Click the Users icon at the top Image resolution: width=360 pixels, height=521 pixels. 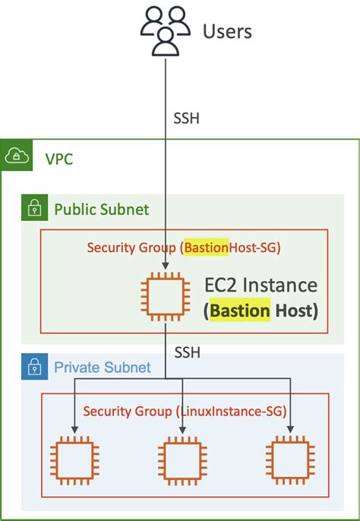pos(166,31)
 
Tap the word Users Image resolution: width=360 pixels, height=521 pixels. pos(227,31)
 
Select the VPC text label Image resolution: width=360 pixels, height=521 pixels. pos(58,161)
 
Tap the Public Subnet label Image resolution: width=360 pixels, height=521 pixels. pos(101,209)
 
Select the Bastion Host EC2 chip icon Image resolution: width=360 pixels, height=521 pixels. pos(166,296)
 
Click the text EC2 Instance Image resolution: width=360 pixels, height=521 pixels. pos(261,286)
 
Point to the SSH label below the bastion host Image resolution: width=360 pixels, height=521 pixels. pos(188,353)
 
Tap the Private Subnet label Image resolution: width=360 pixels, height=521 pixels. pos(103,369)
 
